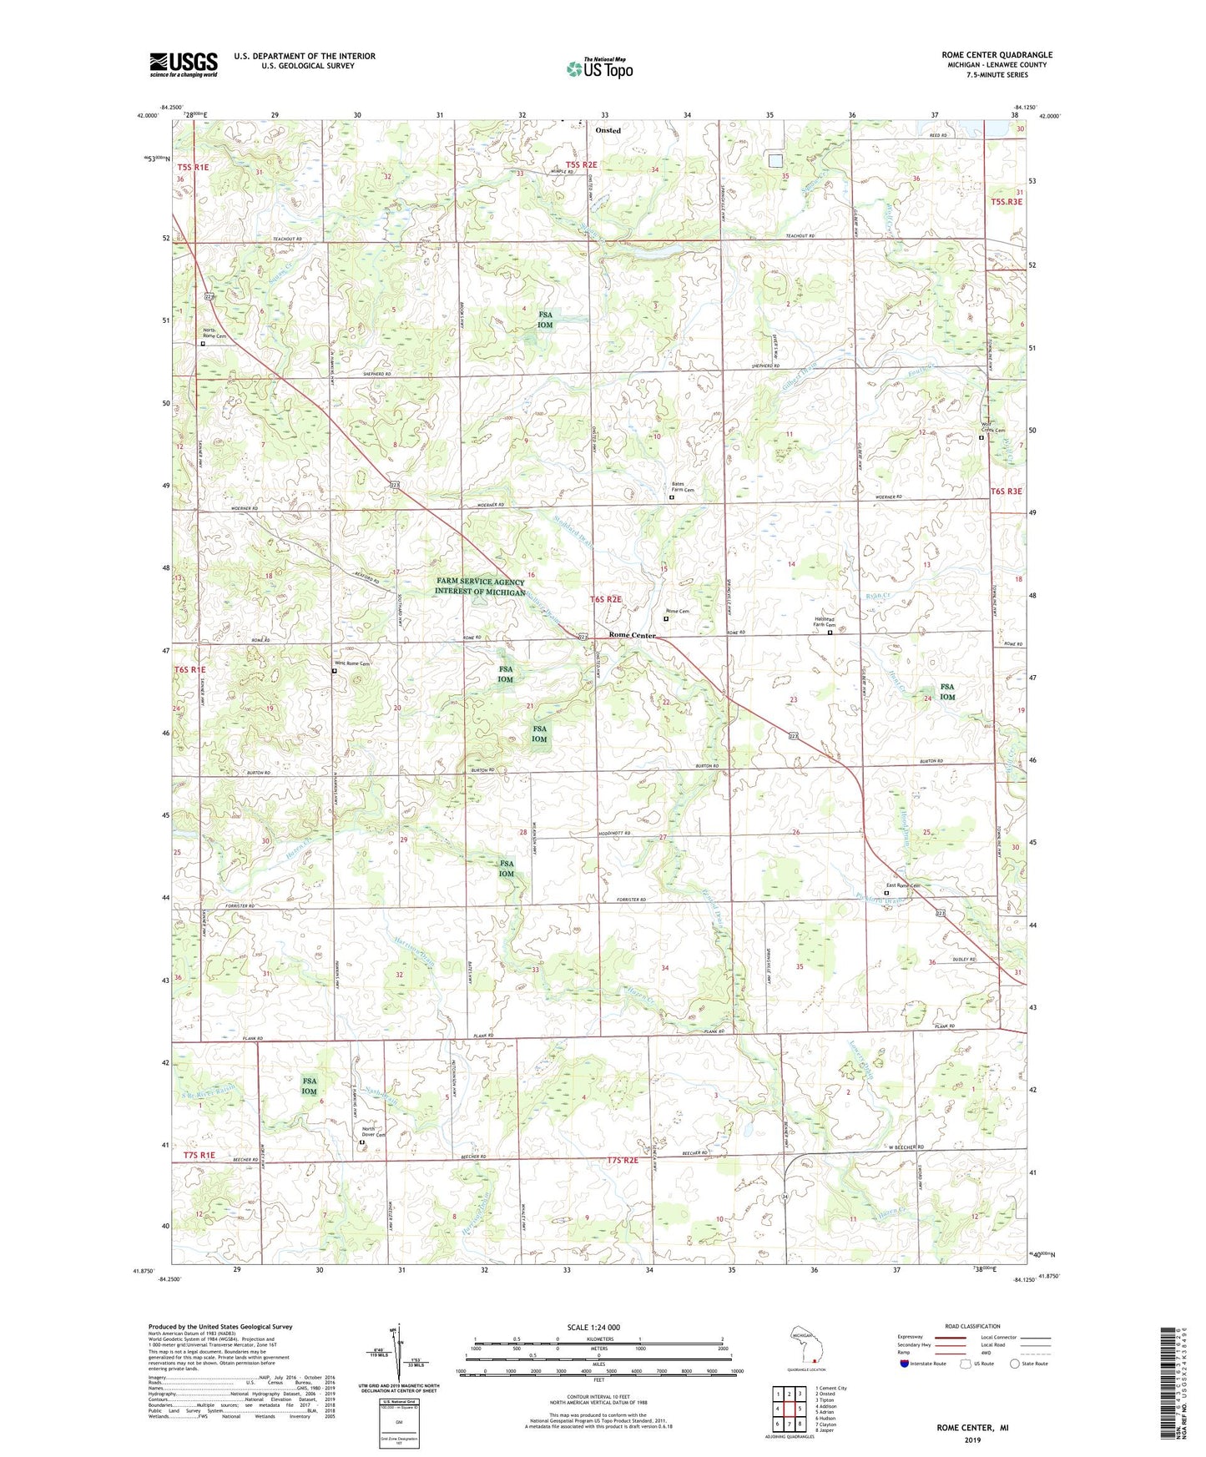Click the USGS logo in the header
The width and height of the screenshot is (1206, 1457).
[183, 63]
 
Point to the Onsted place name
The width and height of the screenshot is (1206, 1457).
[608, 131]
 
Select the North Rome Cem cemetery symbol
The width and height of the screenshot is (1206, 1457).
[202, 343]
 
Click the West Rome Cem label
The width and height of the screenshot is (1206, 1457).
[351, 663]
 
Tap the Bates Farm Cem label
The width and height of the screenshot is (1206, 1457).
[683, 487]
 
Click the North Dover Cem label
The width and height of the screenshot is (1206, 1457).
[373, 1134]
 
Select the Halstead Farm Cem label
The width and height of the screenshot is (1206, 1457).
[825, 621]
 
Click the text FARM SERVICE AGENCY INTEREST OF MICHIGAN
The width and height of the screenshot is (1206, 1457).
[480, 587]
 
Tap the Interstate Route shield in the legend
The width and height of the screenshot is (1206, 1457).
[905, 1364]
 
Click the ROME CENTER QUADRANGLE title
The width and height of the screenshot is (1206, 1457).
[997, 55]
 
